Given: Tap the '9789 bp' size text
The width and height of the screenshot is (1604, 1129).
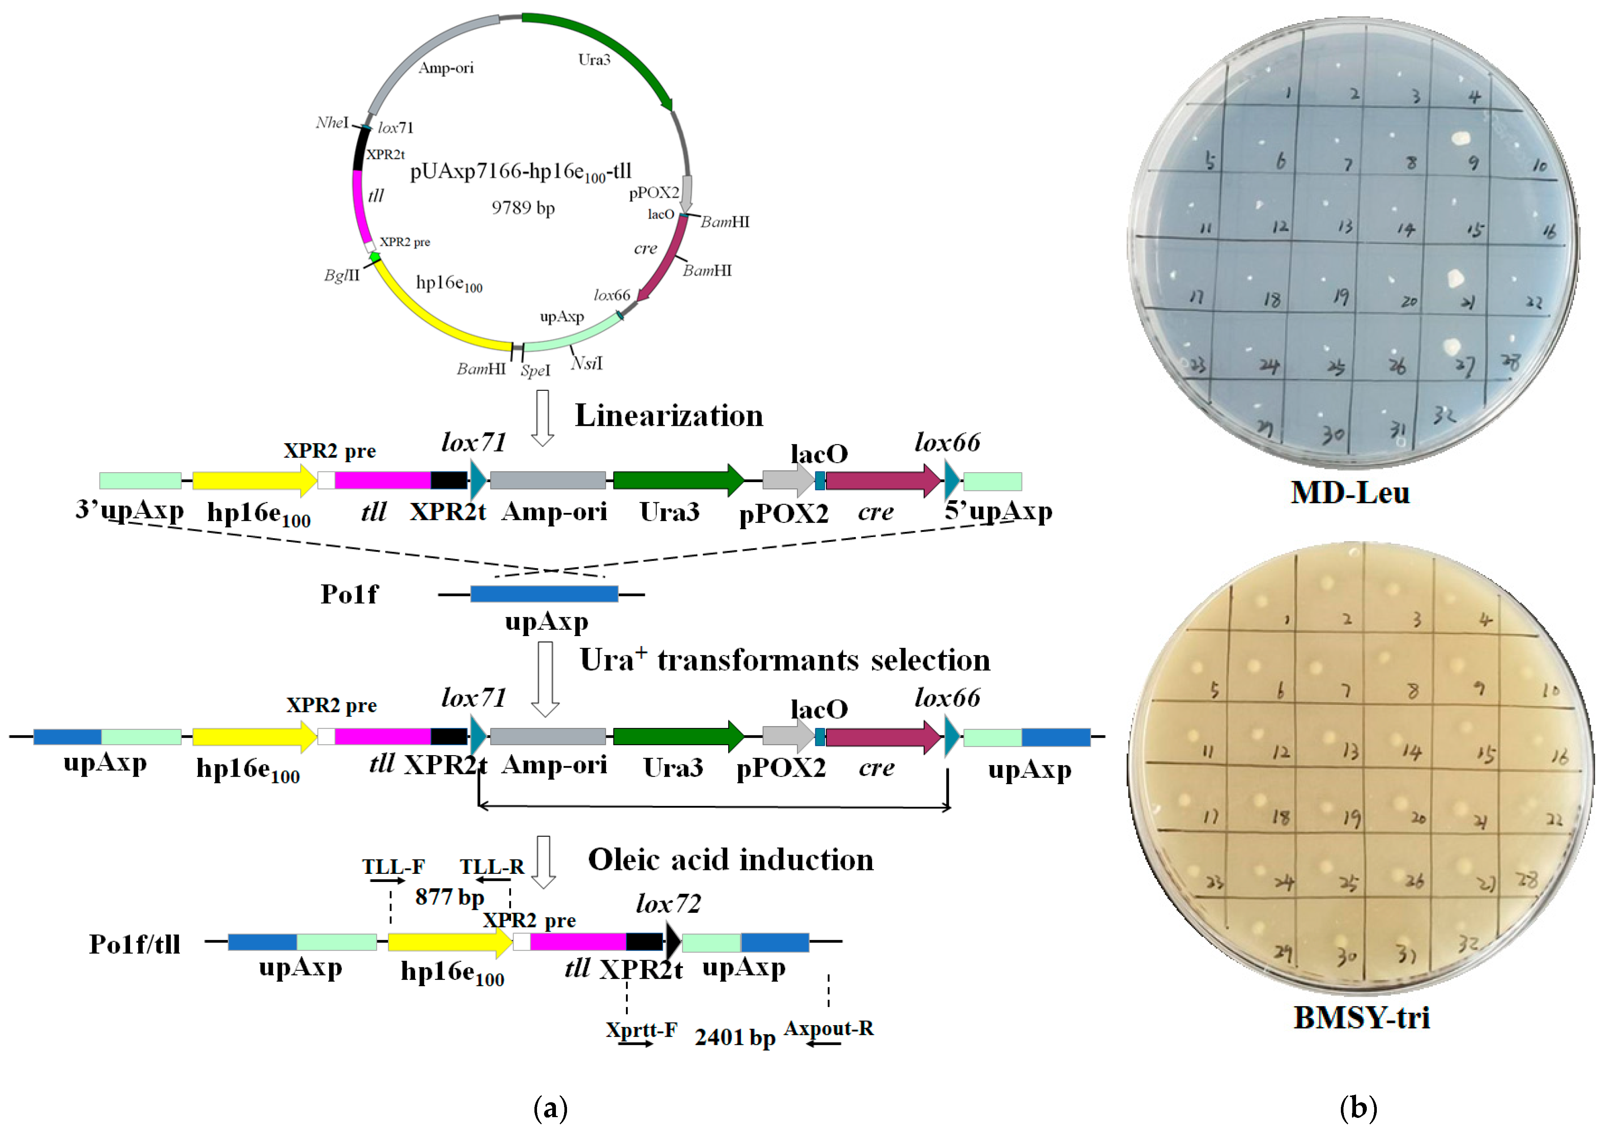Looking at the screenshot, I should [523, 208].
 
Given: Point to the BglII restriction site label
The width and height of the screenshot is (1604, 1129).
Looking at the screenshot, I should [342, 276].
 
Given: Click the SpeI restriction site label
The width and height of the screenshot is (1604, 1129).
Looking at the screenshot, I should [535, 371].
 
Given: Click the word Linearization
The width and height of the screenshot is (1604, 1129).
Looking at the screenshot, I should [669, 416].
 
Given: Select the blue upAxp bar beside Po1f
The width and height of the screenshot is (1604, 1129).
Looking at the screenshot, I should [544, 594].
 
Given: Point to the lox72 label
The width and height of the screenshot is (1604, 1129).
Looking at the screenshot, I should [668, 904].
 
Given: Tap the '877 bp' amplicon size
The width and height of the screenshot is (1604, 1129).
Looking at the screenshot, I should [449, 897].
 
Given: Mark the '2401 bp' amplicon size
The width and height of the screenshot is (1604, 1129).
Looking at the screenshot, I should [735, 1037].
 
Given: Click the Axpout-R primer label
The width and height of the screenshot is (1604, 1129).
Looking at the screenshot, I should [829, 1028].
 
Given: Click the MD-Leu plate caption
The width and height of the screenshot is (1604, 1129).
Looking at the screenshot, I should [1350, 493].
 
